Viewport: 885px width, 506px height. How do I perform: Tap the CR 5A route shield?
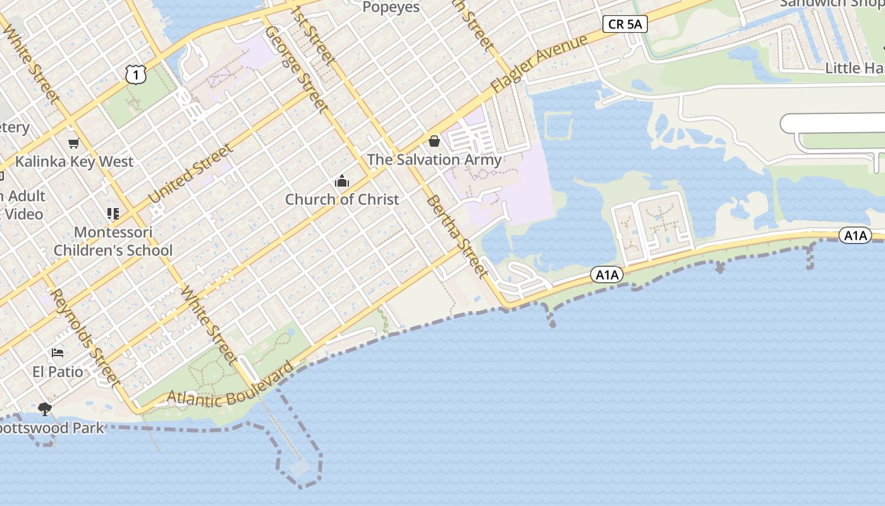pyautogui.click(x=625, y=24)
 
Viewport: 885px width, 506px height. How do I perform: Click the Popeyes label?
pyautogui.click(x=391, y=7)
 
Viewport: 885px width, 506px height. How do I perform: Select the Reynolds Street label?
pyautogui.click(x=85, y=338)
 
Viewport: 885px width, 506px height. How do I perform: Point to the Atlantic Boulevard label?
pyautogui.click(x=231, y=387)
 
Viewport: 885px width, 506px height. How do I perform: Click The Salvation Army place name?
pyautogui.click(x=434, y=159)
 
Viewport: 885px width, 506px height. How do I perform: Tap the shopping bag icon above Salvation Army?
pyautogui.click(x=434, y=141)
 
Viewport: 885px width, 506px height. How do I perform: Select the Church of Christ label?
pyautogui.click(x=342, y=199)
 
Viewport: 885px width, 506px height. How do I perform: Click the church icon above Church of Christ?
pyautogui.click(x=342, y=182)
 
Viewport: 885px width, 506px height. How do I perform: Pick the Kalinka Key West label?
pyautogui.click(x=75, y=161)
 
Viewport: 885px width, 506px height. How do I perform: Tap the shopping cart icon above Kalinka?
pyautogui.click(x=74, y=144)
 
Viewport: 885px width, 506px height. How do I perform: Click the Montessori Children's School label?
pyautogui.click(x=113, y=241)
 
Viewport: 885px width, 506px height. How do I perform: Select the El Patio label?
pyautogui.click(x=58, y=371)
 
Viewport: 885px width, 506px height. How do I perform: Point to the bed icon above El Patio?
pyautogui.click(x=58, y=353)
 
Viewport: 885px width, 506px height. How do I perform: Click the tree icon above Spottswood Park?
pyautogui.click(x=45, y=409)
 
